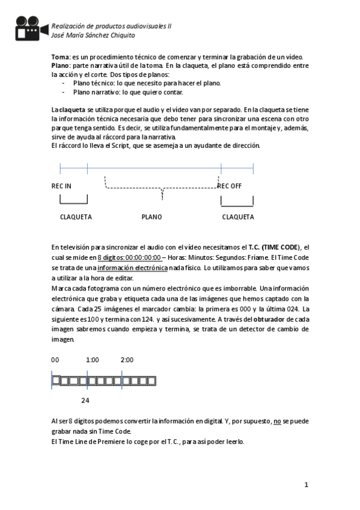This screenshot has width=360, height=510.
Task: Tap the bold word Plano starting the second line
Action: pyautogui.click(x=61, y=65)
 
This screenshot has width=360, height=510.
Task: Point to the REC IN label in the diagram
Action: pyautogui.click(x=61, y=186)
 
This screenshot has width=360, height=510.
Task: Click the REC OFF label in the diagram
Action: pyautogui.click(x=230, y=186)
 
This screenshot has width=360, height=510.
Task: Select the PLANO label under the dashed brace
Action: pyautogui.click(x=151, y=217)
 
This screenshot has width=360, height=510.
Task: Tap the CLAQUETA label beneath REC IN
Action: pyautogui.click(x=76, y=217)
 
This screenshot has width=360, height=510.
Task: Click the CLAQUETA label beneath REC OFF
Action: pyautogui.click(x=237, y=217)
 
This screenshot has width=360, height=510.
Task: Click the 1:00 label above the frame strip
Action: pyautogui.click(x=92, y=360)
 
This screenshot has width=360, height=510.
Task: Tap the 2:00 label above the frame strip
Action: pyautogui.click(x=127, y=360)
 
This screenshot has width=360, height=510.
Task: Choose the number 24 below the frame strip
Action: pyautogui.click(x=85, y=400)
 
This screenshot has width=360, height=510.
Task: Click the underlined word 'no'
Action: pyautogui.click(x=277, y=422)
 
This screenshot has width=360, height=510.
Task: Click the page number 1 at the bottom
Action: pyautogui.click(x=306, y=484)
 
